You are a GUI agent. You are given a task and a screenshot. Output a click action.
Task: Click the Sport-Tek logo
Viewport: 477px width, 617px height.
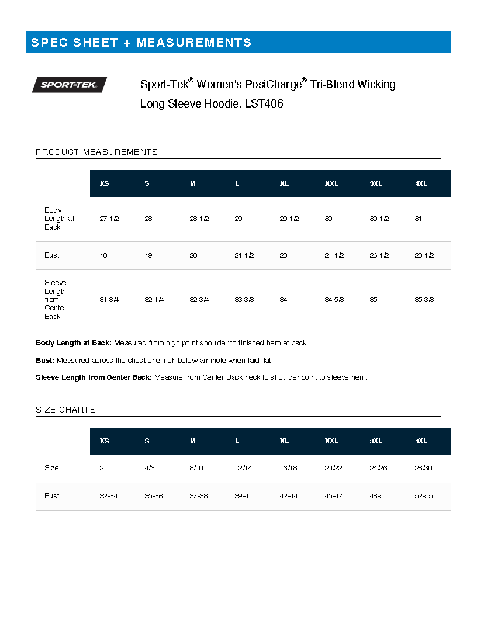[x=70, y=85]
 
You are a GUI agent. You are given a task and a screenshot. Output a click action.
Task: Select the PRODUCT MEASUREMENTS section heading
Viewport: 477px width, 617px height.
[x=96, y=152]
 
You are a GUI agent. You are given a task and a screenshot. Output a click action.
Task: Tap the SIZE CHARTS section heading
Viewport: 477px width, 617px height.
[x=65, y=410]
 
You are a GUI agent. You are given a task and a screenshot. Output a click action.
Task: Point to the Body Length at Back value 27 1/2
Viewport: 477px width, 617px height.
[x=109, y=219]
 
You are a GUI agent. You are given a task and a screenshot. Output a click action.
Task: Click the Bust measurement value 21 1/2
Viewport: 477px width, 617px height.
[x=244, y=255]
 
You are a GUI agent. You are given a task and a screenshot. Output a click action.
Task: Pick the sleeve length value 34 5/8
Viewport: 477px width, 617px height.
[x=334, y=300]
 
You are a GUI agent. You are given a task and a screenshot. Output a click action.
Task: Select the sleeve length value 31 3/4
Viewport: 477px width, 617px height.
[x=109, y=300]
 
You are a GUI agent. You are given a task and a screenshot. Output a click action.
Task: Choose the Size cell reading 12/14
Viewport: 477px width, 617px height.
[x=243, y=468]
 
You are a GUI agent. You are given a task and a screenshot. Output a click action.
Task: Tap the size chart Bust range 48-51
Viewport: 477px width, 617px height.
[x=379, y=496]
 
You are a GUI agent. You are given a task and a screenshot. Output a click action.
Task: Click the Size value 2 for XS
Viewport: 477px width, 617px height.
[x=102, y=468]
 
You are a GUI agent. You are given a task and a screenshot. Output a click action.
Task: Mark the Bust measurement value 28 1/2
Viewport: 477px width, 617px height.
[x=424, y=255]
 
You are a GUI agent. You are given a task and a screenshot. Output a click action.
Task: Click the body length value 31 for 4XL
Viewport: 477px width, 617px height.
[x=418, y=219]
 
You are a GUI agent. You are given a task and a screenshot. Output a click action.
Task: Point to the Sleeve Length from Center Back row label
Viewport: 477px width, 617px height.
[x=55, y=300]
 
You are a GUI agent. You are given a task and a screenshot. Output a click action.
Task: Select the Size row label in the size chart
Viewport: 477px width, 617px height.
[x=51, y=468]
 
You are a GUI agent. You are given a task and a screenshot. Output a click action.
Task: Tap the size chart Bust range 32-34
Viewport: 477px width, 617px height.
[x=109, y=496]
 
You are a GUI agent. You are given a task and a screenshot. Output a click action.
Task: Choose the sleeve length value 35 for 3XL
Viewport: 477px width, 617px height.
[x=374, y=300]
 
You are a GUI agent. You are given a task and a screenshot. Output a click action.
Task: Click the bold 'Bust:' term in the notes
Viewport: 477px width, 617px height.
[x=45, y=360]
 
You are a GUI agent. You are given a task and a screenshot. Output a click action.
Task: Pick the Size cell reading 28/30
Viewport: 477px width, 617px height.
[x=424, y=468]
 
